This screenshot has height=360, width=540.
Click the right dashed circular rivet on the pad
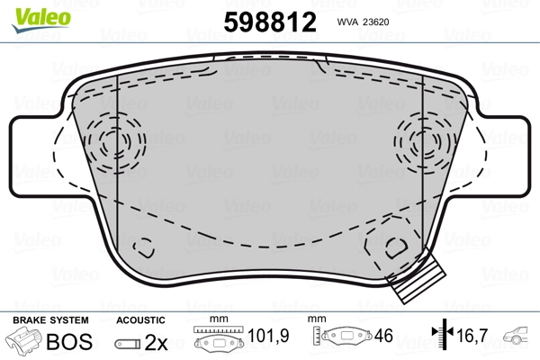tap(421, 141)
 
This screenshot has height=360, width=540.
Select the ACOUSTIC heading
tap(142, 320)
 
